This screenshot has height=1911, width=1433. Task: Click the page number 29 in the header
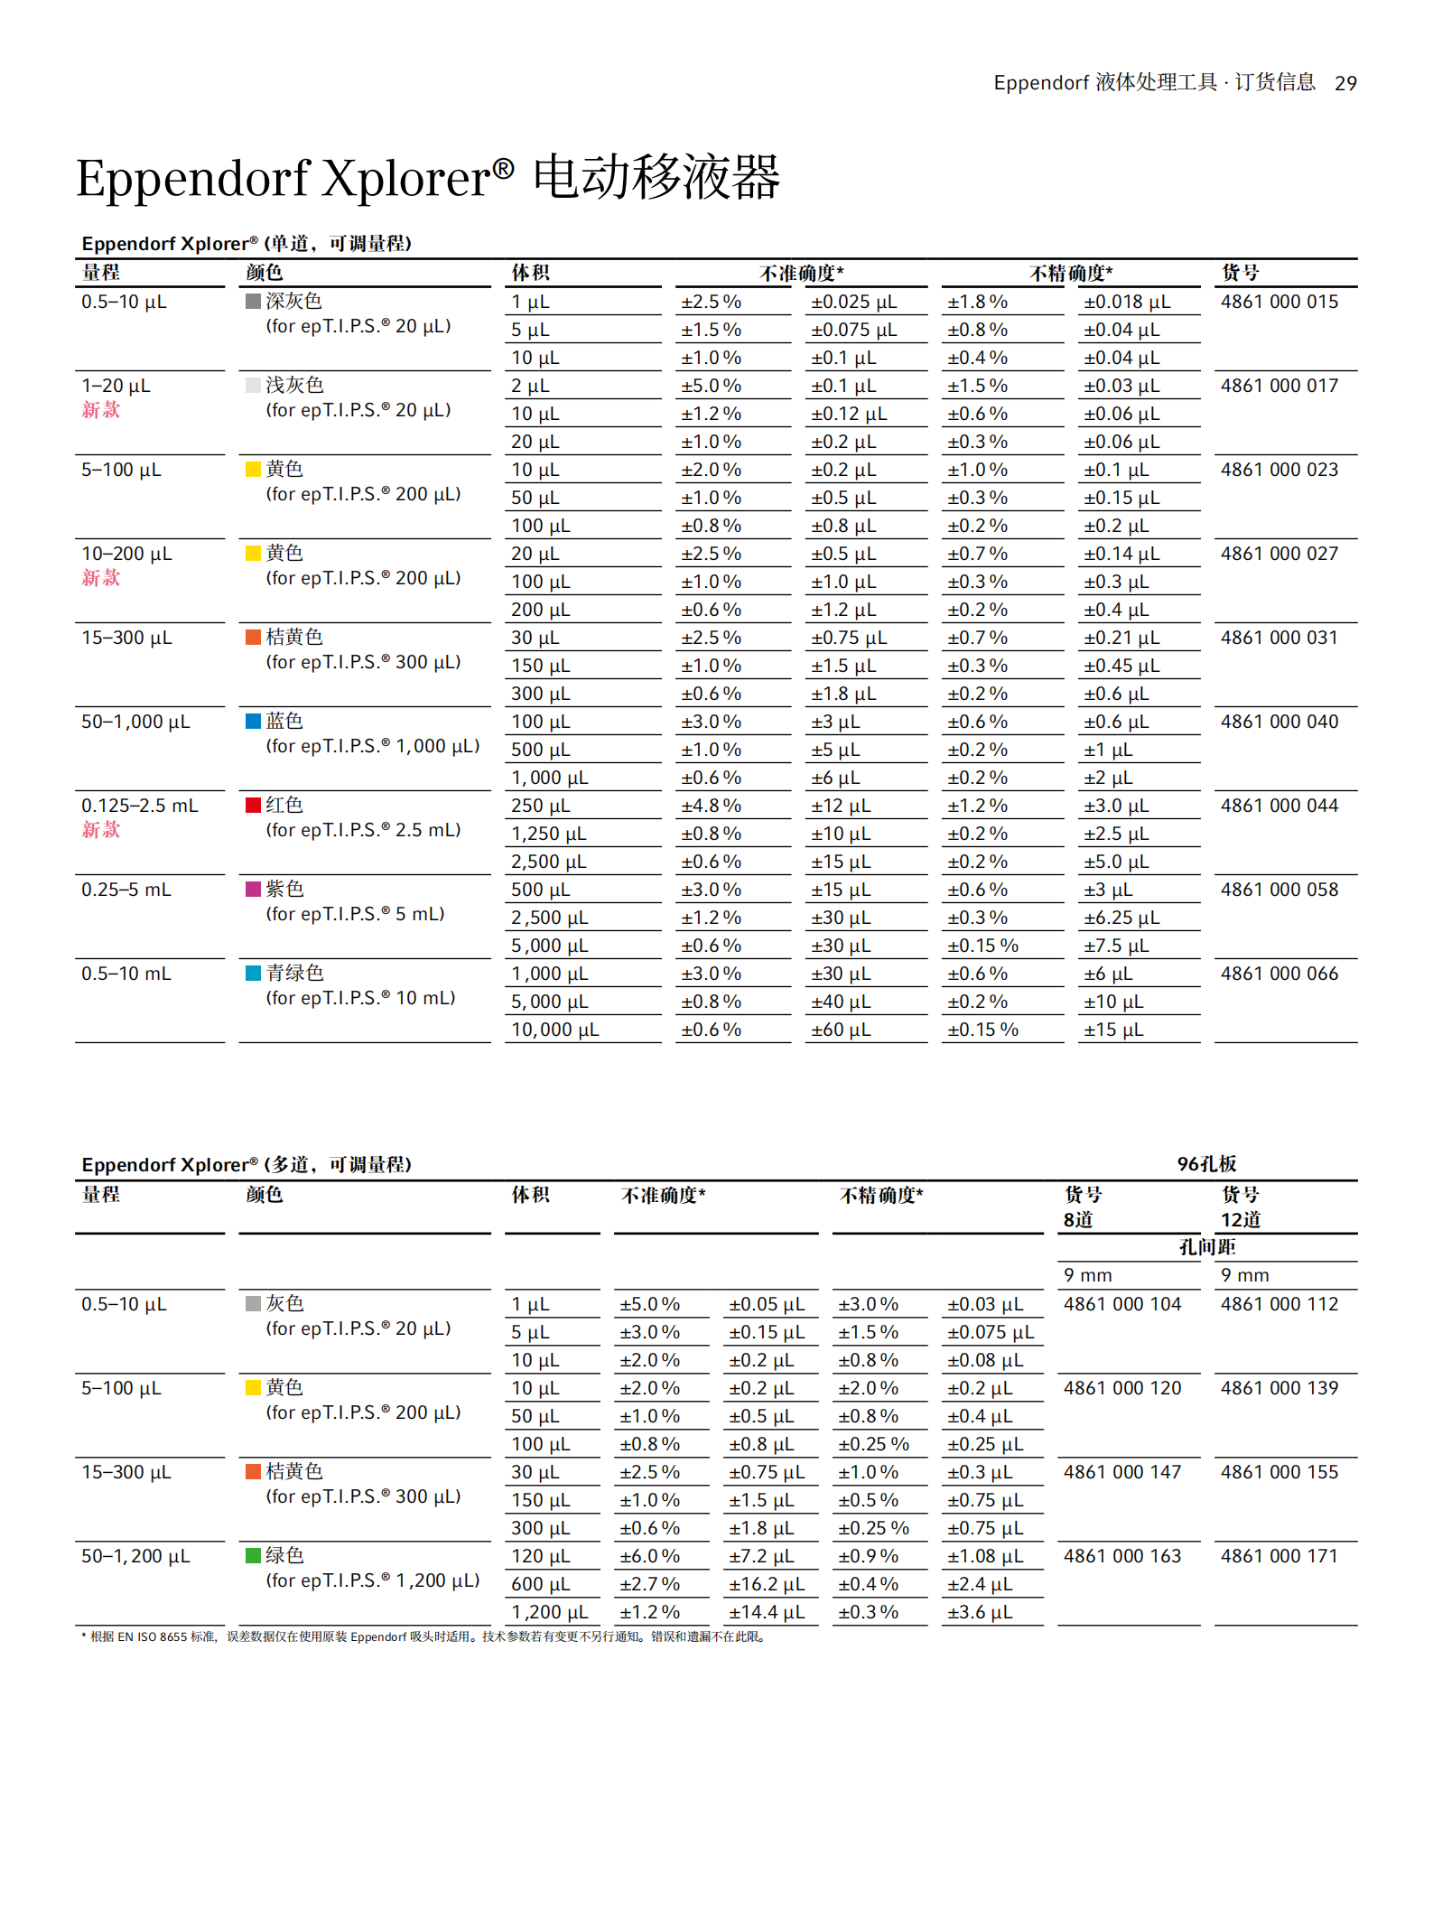coord(1345,83)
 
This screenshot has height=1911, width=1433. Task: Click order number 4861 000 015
coord(1279,302)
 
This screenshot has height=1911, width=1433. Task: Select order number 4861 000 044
coord(1279,806)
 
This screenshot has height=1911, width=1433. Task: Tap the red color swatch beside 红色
coord(254,805)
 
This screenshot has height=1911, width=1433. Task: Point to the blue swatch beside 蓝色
coord(254,721)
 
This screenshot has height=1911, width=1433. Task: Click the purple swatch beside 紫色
coord(254,889)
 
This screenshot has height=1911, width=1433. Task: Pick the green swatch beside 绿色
coord(254,1555)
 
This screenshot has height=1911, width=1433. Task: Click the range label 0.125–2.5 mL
coord(140,806)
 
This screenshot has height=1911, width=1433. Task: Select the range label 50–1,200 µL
coord(135,1556)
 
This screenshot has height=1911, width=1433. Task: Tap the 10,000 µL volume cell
coord(554,1030)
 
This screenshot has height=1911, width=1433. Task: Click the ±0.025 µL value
coord(853,302)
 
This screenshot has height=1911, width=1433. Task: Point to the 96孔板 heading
coord(1206,1164)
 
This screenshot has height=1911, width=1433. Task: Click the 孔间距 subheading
coord(1206,1247)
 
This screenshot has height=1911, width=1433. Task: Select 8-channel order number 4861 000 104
coord(1121,1304)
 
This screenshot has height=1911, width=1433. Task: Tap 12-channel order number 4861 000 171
coord(1279,1556)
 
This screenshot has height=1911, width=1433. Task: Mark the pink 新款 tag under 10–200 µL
coord(101,578)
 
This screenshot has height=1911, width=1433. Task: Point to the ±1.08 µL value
coord(985,1556)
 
